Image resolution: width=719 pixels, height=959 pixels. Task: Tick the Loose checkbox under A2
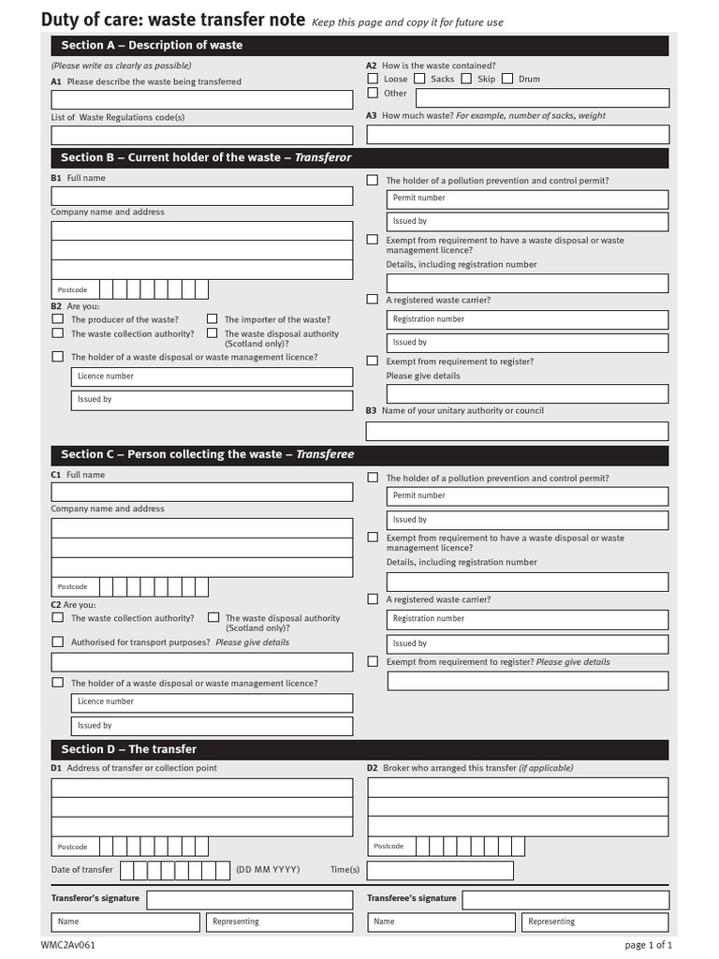373,79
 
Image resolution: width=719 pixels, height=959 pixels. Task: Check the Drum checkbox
507,79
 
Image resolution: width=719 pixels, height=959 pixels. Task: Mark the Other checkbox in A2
373,93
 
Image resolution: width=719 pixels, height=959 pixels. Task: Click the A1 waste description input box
201,100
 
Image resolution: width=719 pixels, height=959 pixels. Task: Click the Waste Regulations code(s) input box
201,135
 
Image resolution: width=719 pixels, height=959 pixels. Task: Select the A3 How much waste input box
518,134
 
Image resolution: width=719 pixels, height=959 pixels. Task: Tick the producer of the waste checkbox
58,318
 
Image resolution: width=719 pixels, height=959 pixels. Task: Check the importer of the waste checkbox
213,318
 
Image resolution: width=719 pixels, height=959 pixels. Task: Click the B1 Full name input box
201,196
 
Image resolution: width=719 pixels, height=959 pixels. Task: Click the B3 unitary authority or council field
518,431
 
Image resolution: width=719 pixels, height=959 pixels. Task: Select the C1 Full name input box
201,493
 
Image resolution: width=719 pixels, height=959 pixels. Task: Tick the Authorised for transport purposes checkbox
58,642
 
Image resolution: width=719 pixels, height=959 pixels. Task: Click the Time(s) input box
440,870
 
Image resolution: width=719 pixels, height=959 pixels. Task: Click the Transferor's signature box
250,900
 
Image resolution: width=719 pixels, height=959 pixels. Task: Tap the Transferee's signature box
565,900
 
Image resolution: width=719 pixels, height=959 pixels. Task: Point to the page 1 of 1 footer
648,945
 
